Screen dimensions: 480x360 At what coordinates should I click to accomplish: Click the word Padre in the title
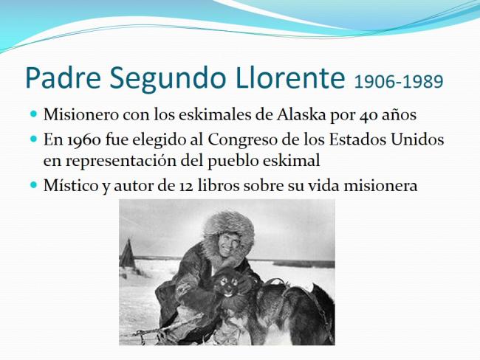pos(63,77)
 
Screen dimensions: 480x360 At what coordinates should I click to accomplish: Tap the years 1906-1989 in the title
pos(399,82)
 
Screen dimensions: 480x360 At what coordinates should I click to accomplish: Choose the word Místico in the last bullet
pos(71,185)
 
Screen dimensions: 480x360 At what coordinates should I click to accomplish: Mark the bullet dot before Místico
pos(33,184)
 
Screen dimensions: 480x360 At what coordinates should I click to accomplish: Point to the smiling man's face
pos(230,243)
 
